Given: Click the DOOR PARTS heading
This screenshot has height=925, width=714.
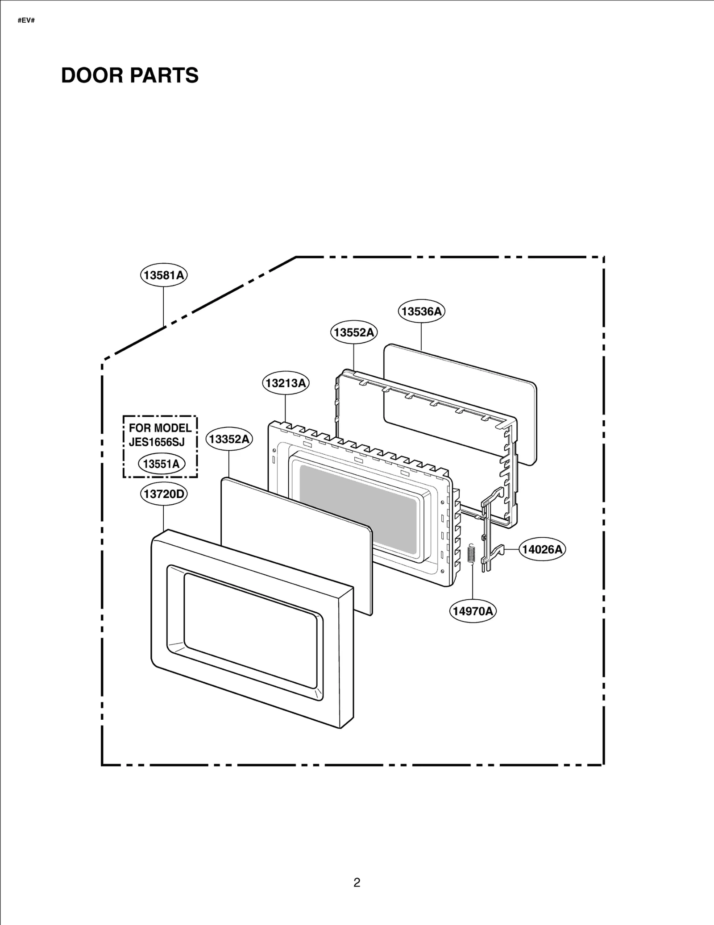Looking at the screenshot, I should [x=130, y=75].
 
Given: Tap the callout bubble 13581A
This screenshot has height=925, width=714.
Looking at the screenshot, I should [x=164, y=275].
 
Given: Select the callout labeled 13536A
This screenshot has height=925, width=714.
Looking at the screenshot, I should [x=421, y=311].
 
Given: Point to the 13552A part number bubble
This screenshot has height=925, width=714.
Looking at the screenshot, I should [x=354, y=332].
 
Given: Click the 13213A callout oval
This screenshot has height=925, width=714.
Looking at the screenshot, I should [x=286, y=383].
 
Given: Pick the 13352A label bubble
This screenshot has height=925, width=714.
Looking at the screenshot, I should [x=229, y=439].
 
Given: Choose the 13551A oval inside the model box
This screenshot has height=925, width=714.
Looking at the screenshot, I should [x=161, y=464].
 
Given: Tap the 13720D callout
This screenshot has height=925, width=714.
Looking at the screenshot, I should [x=164, y=494].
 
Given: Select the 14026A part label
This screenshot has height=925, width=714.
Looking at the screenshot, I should [x=542, y=549].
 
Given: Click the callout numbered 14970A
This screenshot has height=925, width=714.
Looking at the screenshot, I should [x=473, y=611].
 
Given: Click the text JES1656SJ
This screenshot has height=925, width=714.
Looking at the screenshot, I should [x=157, y=442].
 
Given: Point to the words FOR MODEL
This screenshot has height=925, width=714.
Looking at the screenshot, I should [x=160, y=428].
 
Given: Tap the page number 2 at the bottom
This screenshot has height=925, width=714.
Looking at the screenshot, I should [x=357, y=883].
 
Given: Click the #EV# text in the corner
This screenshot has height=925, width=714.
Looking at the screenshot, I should [x=26, y=21].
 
